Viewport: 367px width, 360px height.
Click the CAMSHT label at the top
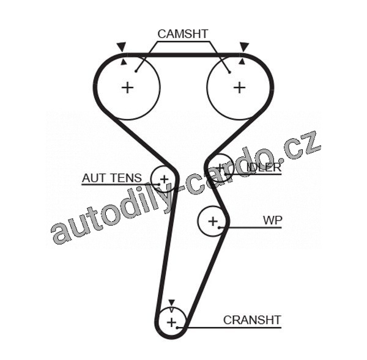pos(183,34)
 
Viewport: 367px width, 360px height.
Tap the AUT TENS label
pos(112,178)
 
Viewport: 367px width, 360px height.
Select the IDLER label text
pos(263,167)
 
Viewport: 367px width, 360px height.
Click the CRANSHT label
pos(251,320)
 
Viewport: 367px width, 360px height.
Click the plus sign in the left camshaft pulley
pos(127,87)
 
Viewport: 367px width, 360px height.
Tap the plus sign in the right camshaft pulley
pos(239,87)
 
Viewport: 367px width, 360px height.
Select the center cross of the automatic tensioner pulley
pos(163,179)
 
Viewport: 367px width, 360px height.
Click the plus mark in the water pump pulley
pos(212,221)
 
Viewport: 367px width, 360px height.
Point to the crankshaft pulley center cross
pos(172,321)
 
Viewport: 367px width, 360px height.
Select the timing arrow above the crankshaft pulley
pos(172,303)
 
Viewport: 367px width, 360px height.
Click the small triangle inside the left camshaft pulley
pos(124,61)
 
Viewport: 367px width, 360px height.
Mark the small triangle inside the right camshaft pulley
pos(242,61)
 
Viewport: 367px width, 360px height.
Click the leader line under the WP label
pos(254,228)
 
